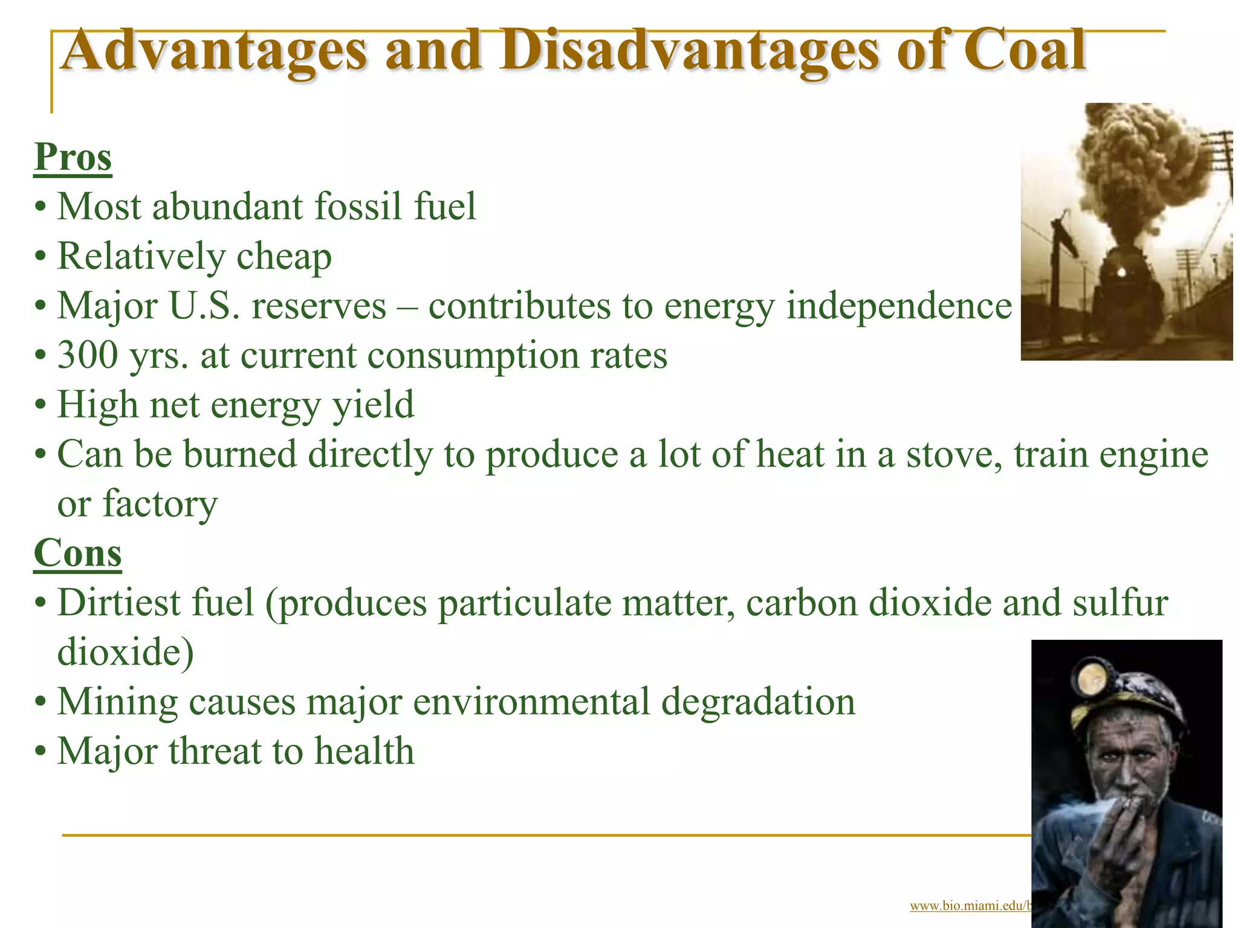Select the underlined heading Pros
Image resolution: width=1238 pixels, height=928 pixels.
click(73, 158)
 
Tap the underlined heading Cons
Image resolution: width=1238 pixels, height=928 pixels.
click(77, 553)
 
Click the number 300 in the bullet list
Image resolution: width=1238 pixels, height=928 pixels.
click(88, 355)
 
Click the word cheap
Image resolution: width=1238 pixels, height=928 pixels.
click(284, 257)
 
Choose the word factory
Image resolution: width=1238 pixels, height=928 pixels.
click(160, 504)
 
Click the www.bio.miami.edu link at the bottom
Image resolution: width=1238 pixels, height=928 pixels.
click(970, 906)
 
